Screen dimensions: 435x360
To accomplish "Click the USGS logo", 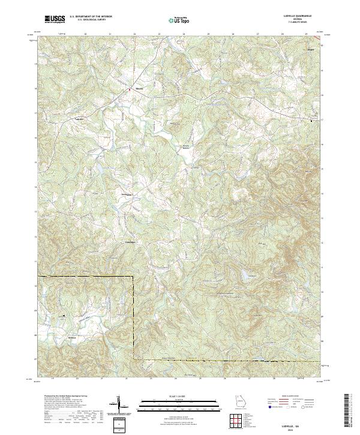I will tap(55, 19).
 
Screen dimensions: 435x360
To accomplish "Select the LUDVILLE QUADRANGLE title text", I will tap(297, 16).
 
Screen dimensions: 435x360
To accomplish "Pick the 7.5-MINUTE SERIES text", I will tap(297, 23).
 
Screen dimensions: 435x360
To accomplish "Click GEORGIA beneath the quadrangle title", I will tap(297, 19).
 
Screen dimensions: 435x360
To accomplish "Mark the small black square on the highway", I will tap(311, 121).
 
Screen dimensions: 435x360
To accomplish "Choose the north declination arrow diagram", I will tap(120, 405).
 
